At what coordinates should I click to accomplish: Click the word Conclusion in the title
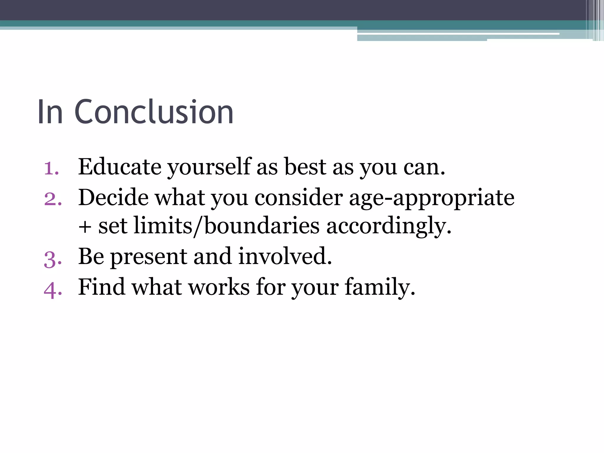[154, 112]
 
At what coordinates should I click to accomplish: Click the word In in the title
[50, 112]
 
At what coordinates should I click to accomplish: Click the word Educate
[120, 167]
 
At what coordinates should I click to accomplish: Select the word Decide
[113, 198]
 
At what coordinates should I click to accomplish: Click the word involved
[285, 257]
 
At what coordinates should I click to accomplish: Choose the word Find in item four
[101, 287]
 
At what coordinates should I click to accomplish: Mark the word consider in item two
[299, 198]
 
